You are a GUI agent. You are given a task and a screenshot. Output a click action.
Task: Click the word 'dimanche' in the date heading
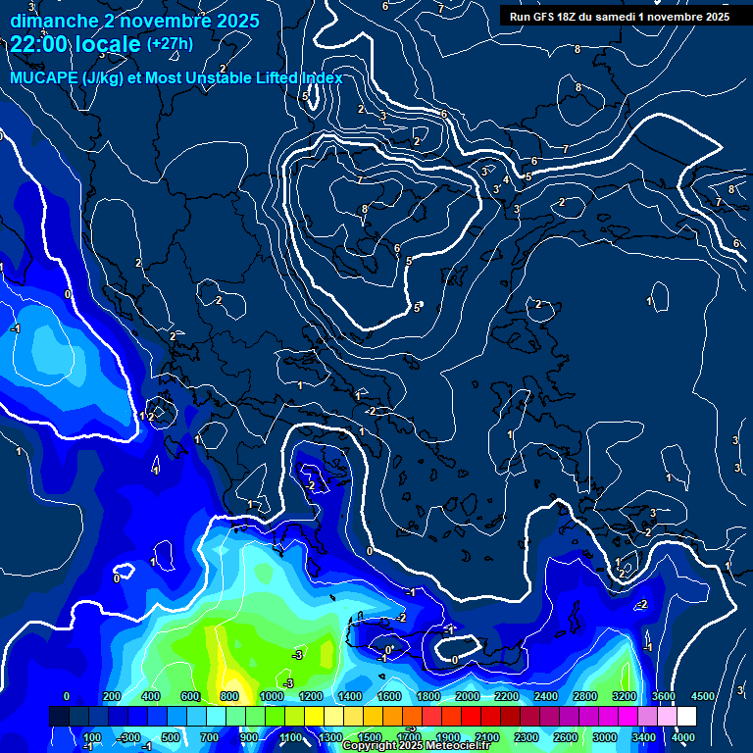tap(50, 20)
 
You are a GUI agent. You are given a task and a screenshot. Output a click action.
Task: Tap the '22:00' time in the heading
tap(35, 44)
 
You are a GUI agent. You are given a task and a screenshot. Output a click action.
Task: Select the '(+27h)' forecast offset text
tap(170, 44)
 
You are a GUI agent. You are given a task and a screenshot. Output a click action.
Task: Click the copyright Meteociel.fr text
tap(416, 745)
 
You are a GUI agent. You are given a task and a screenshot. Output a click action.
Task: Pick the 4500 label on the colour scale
tap(703, 696)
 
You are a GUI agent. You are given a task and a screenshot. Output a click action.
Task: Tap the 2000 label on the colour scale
tap(468, 696)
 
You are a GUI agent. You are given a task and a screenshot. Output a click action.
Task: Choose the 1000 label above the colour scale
tap(272, 696)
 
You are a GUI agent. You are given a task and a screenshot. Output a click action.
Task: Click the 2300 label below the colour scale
tap(527, 737)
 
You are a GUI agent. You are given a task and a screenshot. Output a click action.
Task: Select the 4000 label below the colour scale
tap(683, 737)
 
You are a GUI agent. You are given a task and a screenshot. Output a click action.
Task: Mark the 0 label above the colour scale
tap(66, 696)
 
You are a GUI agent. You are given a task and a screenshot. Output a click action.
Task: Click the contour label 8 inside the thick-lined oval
tap(364, 209)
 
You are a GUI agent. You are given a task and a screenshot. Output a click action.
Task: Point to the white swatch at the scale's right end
tap(685, 717)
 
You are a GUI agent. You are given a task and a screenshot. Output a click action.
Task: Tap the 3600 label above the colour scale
tap(664, 696)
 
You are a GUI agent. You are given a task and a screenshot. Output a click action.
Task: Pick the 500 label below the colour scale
tap(170, 737)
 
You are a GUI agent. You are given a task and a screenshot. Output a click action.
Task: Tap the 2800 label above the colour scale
tap(585, 696)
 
